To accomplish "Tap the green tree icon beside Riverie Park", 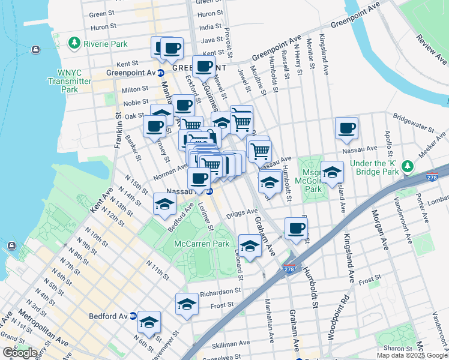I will [74, 43].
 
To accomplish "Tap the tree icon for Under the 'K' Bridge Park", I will [408, 165].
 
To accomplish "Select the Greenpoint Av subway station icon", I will [161, 73].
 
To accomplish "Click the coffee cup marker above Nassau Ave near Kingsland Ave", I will [346, 127].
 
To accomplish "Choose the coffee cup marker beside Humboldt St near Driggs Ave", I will [296, 228].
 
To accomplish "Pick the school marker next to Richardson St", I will [187, 304].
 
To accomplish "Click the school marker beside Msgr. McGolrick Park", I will [332, 172].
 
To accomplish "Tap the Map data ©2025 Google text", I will [412, 355].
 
